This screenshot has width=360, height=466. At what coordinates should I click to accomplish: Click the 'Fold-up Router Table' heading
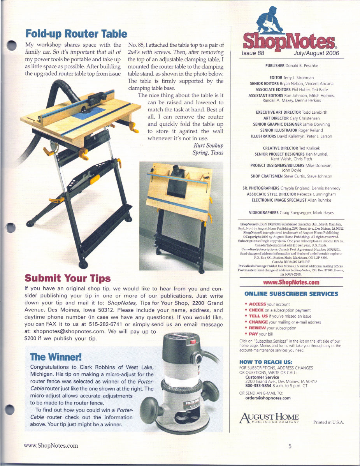76,34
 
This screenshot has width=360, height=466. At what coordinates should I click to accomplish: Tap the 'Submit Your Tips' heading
68,278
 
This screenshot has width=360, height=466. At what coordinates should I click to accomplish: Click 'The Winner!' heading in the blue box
56,357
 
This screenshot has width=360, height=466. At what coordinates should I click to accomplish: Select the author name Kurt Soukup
208,146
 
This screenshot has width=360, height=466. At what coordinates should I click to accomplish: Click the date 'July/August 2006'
316,53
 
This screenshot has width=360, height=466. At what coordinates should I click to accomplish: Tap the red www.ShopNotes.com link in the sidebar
291,282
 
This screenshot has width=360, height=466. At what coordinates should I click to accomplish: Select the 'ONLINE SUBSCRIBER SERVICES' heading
291,294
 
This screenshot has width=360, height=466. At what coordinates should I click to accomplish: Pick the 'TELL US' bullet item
259,316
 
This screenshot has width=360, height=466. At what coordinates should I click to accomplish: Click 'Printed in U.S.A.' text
328,422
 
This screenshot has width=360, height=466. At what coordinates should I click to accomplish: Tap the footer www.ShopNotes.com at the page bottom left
51,446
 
